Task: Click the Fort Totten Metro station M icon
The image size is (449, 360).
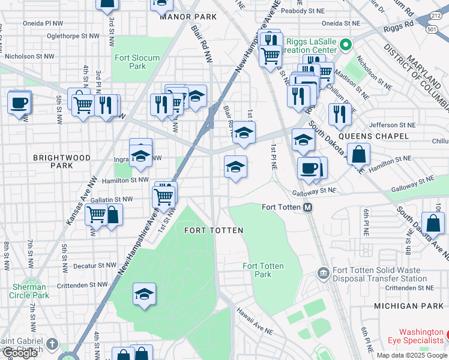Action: coord(308,208)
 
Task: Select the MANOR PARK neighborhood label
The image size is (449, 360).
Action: coord(188,17)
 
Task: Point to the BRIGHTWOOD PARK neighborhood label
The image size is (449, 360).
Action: coord(62,161)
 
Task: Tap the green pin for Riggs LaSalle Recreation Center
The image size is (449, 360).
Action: coord(345,44)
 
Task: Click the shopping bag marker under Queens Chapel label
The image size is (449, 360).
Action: coord(358,154)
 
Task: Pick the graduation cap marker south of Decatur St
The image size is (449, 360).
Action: coord(144,294)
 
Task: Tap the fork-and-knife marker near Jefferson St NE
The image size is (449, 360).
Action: coord(340,114)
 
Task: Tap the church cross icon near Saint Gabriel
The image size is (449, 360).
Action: coord(52,344)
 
